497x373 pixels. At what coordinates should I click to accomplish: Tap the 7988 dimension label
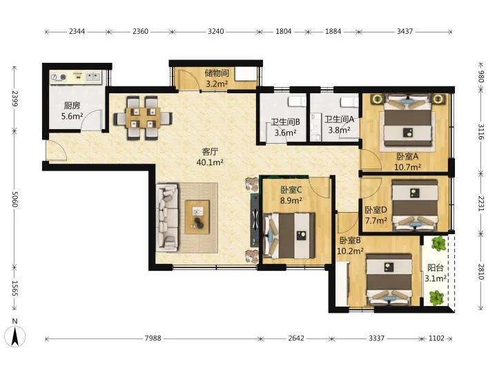(153, 338)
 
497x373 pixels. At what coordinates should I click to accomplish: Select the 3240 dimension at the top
(216, 31)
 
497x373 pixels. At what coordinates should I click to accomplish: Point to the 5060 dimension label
(14, 199)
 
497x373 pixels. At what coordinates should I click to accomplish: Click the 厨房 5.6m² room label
(72, 111)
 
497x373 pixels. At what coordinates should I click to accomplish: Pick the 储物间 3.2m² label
(217, 78)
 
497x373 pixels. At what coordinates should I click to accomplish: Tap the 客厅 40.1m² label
(210, 157)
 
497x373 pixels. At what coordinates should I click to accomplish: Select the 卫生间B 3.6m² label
(286, 127)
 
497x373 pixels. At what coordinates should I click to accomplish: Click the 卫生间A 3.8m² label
(339, 124)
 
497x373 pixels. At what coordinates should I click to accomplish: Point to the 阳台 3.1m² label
(436, 273)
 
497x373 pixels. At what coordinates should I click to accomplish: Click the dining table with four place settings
(143, 118)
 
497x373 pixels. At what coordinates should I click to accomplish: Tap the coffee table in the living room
(197, 218)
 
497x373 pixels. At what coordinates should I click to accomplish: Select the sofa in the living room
(167, 218)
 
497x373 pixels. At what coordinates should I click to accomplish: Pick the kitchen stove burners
(59, 77)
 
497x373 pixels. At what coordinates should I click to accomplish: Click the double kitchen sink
(93, 77)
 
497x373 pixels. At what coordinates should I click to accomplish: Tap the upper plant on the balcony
(438, 243)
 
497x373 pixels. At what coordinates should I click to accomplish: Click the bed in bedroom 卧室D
(415, 205)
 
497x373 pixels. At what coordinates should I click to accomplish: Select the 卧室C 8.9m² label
(291, 195)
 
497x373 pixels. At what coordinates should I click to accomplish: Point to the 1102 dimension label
(436, 338)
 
